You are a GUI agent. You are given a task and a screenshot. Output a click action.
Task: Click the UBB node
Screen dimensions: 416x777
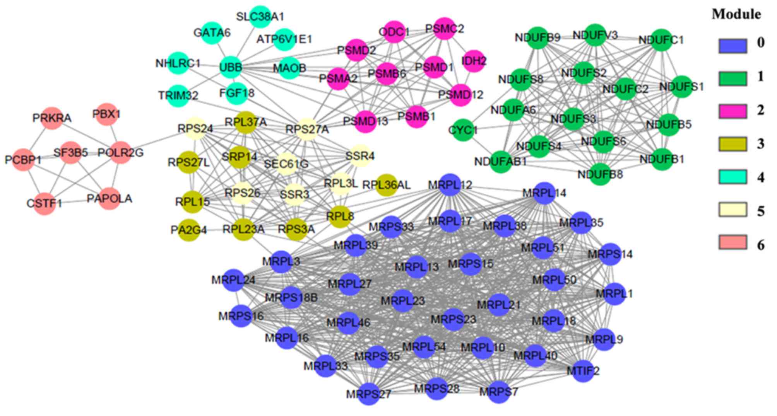[x=231, y=67]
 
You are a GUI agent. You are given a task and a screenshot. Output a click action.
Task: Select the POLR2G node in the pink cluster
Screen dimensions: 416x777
[x=121, y=153]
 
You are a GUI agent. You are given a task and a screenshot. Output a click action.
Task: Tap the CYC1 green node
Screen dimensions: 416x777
[x=463, y=130]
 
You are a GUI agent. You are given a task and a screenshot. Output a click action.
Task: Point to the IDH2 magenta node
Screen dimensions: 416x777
[x=474, y=61]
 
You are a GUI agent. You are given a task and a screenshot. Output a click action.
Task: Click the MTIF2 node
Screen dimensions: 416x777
[x=583, y=371]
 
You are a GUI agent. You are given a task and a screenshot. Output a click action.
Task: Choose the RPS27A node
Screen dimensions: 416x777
[x=307, y=129]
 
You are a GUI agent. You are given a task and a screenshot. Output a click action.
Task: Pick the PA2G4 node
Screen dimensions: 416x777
[x=189, y=230]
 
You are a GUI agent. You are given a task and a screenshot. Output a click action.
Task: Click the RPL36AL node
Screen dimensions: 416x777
[x=386, y=185]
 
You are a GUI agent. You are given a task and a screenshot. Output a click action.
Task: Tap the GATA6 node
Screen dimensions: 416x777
[x=212, y=33]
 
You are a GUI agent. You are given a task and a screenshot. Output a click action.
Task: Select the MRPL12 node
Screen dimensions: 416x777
[x=450, y=185]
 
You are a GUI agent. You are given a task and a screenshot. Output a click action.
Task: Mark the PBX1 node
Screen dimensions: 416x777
[x=106, y=114]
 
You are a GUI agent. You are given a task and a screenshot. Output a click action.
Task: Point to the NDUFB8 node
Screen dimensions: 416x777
[x=600, y=175]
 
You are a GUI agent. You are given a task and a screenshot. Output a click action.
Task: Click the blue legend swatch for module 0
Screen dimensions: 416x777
[x=733, y=46]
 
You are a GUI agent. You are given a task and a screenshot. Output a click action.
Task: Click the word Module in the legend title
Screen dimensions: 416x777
[x=736, y=15]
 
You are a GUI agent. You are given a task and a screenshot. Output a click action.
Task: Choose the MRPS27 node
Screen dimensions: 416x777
[x=369, y=394]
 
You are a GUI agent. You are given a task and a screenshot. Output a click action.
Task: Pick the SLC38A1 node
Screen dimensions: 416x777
[x=260, y=17]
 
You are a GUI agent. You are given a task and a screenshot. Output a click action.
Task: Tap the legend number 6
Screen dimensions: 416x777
[x=761, y=245]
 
